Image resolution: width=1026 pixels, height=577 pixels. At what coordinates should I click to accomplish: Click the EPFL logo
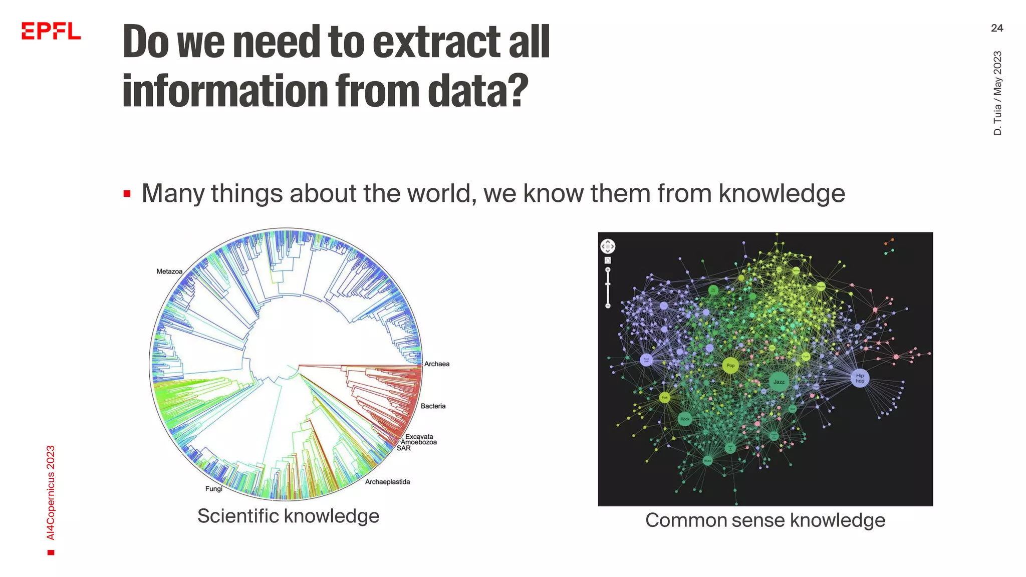coord(51,31)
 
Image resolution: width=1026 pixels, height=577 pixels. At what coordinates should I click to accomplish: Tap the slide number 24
coord(996,28)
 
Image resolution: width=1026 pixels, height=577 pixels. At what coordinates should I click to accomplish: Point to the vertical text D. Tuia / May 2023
coord(997,93)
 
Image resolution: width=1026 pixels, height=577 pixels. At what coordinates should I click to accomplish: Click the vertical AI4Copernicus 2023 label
coord(51,493)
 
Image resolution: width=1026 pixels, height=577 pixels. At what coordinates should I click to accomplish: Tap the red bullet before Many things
coord(127,194)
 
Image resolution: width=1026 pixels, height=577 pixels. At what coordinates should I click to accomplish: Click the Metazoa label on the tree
coord(169,271)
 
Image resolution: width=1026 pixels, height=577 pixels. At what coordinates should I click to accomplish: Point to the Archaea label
coord(437,364)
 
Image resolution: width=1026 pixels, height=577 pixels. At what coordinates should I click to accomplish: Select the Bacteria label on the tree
coord(433,406)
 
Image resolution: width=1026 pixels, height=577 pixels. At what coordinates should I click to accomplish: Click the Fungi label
coord(214,489)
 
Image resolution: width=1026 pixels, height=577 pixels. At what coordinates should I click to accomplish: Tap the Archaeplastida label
coord(387,482)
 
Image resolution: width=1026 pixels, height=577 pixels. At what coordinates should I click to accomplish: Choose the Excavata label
coord(419,436)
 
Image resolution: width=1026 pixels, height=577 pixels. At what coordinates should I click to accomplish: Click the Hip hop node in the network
coord(860,378)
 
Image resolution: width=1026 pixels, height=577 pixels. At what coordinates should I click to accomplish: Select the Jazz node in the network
coord(779,382)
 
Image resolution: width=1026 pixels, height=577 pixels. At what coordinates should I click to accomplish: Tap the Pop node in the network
coord(730,366)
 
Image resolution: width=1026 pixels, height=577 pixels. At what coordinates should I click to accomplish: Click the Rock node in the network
coord(685,419)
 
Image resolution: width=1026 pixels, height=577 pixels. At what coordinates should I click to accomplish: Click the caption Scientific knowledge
coord(288,516)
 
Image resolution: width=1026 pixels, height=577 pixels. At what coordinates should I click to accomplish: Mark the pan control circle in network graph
coord(608,246)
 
